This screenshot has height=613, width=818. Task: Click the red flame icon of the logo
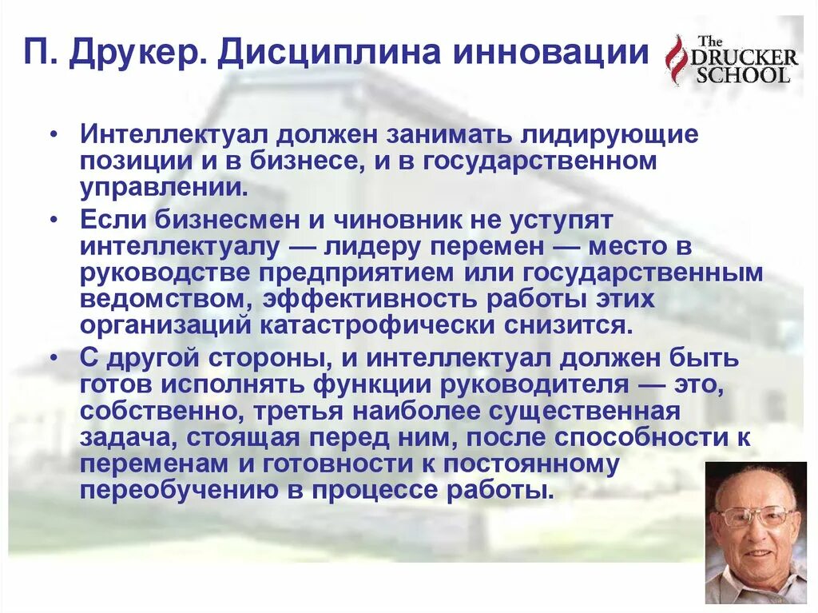[677, 60]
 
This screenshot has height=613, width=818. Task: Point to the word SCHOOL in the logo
[743, 75]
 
